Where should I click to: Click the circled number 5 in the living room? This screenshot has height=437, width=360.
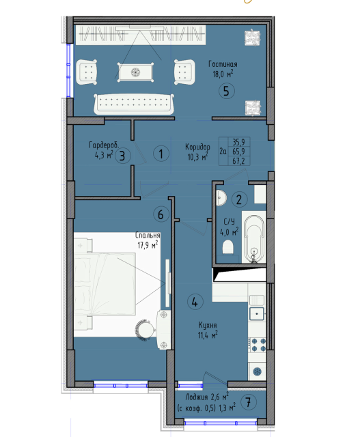(x=226, y=91)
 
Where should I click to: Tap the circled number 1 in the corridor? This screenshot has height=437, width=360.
(x=161, y=154)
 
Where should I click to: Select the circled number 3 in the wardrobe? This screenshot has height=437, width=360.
(x=123, y=156)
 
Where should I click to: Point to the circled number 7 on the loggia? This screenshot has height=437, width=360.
(x=247, y=402)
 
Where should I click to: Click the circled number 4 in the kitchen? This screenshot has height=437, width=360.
(x=195, y=302)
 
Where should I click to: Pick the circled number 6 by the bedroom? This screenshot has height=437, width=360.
(x=161, y=214)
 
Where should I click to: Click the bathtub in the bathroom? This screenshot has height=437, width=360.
(x=253, y=237)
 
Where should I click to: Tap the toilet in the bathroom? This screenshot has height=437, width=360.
(x=228, y=247)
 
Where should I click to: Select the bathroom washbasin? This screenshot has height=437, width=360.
(x=221, y=197)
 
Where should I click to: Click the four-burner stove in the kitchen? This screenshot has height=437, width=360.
(x=258, y=345)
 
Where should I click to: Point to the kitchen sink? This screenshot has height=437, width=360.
(x=257, y=314)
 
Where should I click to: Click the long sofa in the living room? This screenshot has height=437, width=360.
(x=134, y=104)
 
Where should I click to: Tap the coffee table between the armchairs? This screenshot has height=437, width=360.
(x=136, y=72)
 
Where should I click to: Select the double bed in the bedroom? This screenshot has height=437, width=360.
(x=105, y=284)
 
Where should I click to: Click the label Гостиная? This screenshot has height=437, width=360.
(x=223, y=64)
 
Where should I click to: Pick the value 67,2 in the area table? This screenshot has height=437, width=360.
(x=238, y=161)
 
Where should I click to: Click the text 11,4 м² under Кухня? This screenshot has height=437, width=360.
(x=208, y=335)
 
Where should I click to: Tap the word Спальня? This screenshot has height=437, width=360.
(x=148, y=236)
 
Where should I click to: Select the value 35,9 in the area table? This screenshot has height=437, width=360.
(x=238, y=143)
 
